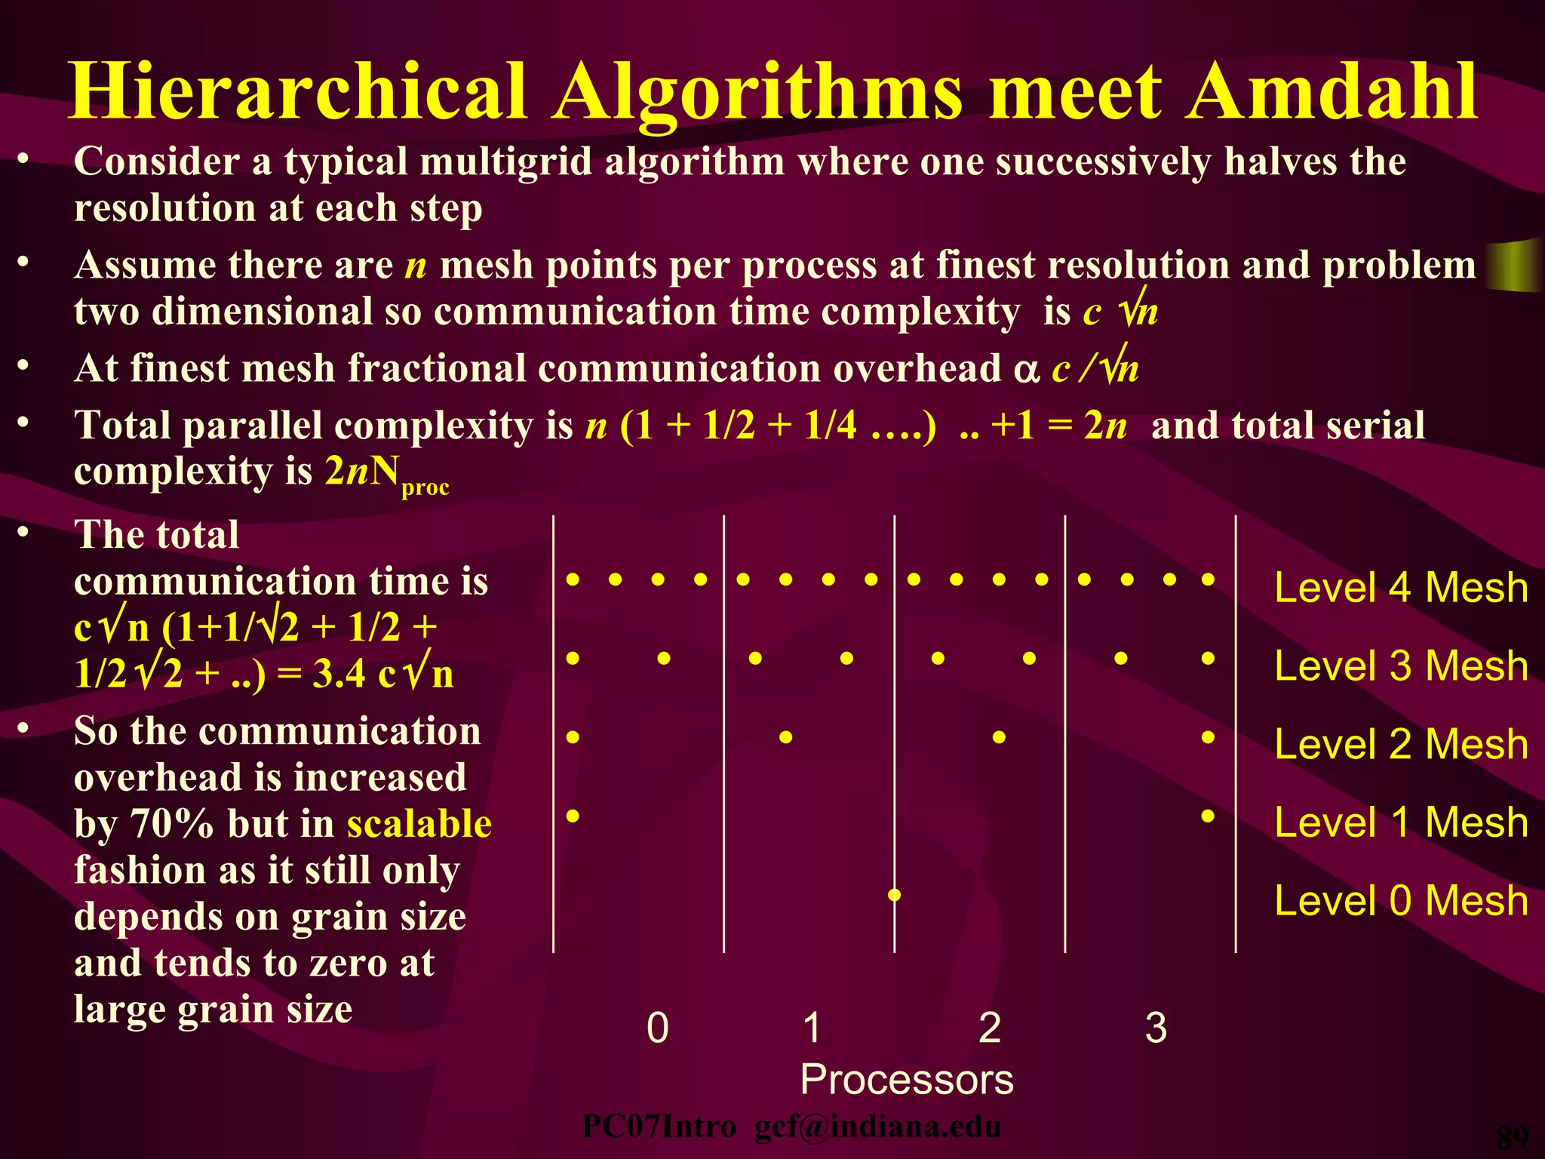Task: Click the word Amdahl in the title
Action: point(1331,92)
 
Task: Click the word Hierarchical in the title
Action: point(297,92)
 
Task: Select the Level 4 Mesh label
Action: point(1401,588)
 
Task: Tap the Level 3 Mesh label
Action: point(1401,666)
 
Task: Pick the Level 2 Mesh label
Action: point(1401,745)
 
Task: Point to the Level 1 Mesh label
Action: point(1401,822)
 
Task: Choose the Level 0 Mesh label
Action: point(1401,901)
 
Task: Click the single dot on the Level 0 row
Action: point(895,895)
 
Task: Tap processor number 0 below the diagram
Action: point(658,1028)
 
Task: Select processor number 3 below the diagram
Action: point(1156,1028)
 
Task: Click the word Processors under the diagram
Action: point(907,1080)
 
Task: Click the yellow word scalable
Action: point(419,824)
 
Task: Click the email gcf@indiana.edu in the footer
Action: point(878,1127)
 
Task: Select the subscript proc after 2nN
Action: point(425,487)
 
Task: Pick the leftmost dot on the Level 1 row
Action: point(573,816)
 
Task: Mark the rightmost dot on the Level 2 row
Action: point(1208,737)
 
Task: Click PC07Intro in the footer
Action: point(659,1127)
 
